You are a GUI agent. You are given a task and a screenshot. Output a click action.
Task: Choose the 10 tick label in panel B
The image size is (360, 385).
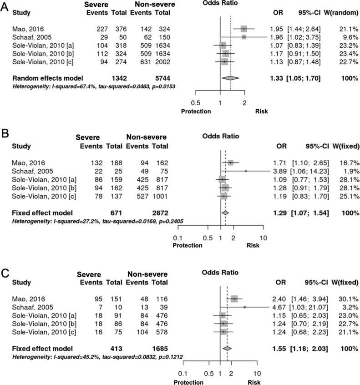pyautogui.click(x=263, y=238)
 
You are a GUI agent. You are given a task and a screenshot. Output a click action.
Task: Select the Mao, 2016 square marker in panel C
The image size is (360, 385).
pyautogui.click(x=234, y=299)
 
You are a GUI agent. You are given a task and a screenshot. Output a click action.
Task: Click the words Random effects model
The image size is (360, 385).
pyautogui.click(x=44, y=78)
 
